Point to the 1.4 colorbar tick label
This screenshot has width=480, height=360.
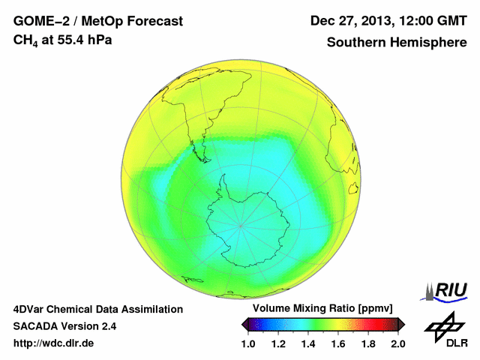coord(308,343)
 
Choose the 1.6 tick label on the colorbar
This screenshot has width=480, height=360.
coord(338,343)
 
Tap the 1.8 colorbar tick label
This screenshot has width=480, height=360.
coord(368,343)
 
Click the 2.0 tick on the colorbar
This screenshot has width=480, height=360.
coord(398,343)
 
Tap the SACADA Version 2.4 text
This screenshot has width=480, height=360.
coord(64,326)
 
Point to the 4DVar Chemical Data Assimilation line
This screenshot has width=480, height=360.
coord(97,309)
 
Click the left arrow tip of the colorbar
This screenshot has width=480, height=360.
coord(243,324)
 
